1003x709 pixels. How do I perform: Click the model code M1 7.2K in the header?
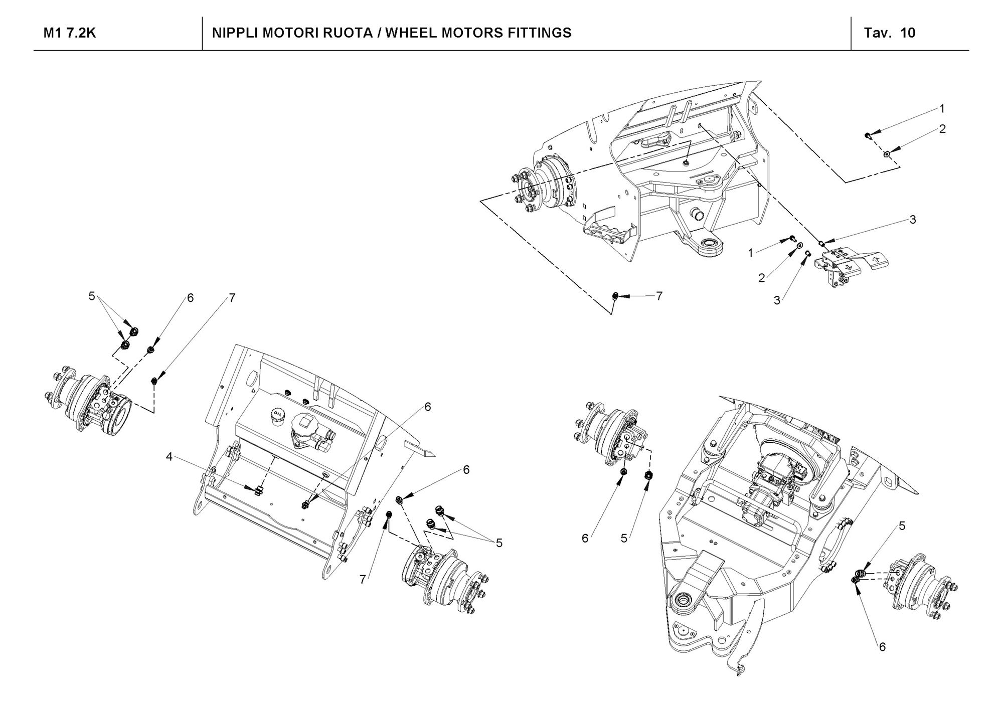pos(70,33)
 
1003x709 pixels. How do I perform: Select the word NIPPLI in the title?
pos(234,33)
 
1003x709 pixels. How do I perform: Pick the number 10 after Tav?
pos(908,33)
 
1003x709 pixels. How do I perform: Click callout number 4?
pos(170,456)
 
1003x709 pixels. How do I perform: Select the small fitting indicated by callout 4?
pos(259,489)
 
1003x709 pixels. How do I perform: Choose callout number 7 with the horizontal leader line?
pos(659,296)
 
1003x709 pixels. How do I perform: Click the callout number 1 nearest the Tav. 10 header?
pos(942,108)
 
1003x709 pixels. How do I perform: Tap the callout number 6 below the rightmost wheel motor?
pos(882,647)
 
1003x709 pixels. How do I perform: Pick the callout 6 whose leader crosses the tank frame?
pos(428,407)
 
